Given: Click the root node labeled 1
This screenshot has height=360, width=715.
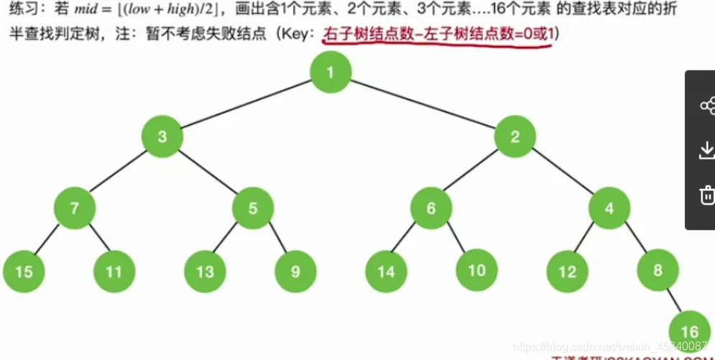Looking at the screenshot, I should pyautogui.click(x=331, y=73).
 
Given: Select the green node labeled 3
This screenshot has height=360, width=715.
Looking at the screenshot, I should pyautogui.click(x=162, y=137).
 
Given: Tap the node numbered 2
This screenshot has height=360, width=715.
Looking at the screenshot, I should pyautogui.click(x=515, y=137).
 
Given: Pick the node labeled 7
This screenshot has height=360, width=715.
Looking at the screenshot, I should pyautogui.click(x=75, y=208).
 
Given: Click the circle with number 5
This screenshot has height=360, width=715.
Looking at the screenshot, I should pyautogui.click(x=253, y=208).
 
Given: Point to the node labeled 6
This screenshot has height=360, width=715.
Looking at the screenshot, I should pyautogui.click(x=431, y=208).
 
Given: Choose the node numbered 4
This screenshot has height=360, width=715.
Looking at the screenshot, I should pyautogui.click(x=609, y=208).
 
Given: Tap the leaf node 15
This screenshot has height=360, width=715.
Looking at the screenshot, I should pyautogui.click(x=24, y=272).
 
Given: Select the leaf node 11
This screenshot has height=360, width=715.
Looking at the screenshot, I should pyautogui.click(x=115, y=272).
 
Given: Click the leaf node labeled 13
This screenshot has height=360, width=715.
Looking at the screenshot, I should pyautogui.click(x=206, y=272).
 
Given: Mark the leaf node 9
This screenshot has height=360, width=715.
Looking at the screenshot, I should pyautogui.click(x=296, y=272).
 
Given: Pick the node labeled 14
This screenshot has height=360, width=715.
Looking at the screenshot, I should pyautogui.click(x=387, y=272).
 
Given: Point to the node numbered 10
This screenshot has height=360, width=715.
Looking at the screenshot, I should pyautogui.click(x=477, y=272).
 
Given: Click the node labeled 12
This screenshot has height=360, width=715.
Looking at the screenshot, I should pyautogui.click(x=568, y=272).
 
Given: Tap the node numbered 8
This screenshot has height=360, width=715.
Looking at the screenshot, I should pyautogui.click(x=658, y=272).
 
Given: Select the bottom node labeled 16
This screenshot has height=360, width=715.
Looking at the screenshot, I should pyautogui.click(x=689, y=331).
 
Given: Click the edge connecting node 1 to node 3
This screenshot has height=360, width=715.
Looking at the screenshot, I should pyautogui.click(x=246, y=105).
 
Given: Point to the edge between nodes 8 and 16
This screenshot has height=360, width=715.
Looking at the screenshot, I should pyautogui.click(x=673, y=300).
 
